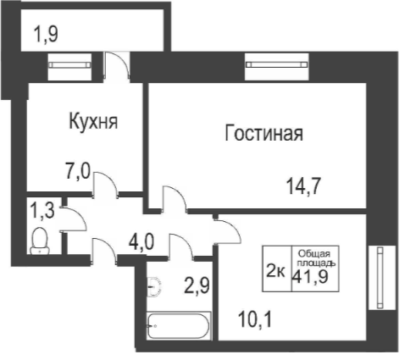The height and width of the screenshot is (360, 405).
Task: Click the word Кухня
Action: pyautogui.click(x=93, y=121)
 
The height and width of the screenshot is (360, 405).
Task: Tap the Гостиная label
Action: pyautogui.click(x=264, y=133)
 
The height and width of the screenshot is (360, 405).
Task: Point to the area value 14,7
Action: pyautogui.click(x=303, y=186)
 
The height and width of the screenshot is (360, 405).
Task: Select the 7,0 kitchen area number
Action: pyautogui.click(x=77, y=171)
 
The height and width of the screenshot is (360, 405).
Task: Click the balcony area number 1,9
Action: pyautogui.click(x=46, y=34)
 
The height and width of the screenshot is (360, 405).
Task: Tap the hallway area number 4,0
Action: pyautogui.click(x=141, y=242)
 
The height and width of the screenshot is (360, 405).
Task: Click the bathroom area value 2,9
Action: pyautogui.click(x=197, y=286)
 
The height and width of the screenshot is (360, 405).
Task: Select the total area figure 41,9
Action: pyautogui.click(x=310, y=277)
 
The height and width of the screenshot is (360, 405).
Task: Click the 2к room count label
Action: pyautogui.click(x=275, y=272)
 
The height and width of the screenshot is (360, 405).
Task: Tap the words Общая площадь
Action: pyautogui.click(x=316, y=258)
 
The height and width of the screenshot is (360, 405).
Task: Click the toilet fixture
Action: pyautogui.click(x=40, y=241)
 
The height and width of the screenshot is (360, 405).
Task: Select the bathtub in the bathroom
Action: pyautogui.click(x=179, y=326)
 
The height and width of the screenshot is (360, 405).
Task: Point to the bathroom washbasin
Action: pyautogui.click(x=153, y=286)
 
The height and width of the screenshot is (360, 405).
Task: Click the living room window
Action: pyautogui.click(x=276, y=64)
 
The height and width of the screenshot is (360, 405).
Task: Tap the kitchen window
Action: pyautogui.click(x=69, y=65)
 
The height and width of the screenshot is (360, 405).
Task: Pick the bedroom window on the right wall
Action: pyautogui.click(x=380, y=278)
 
